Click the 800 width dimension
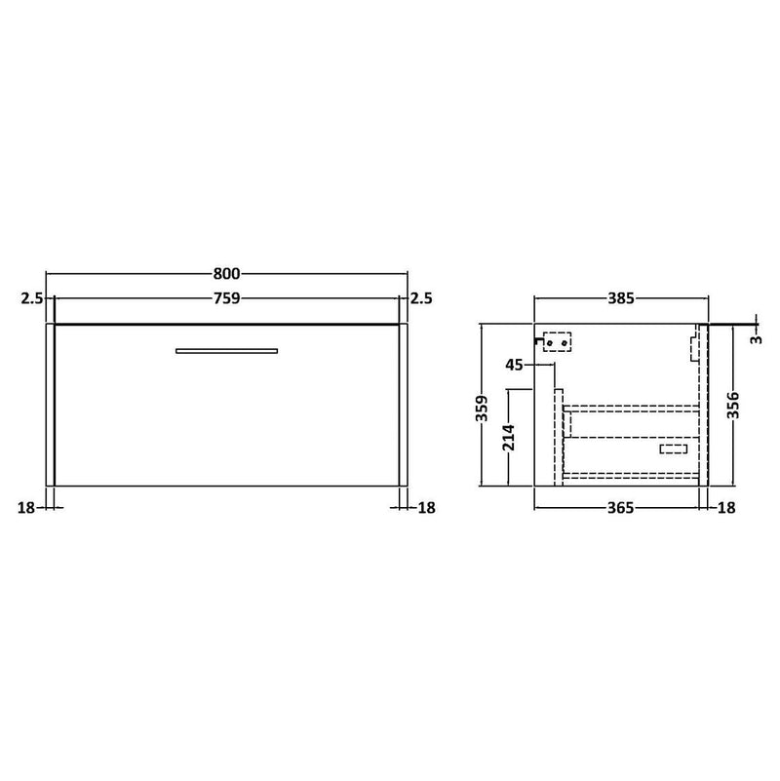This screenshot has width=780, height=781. (x=226, y=273)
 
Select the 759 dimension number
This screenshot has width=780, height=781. (x=226, y=298)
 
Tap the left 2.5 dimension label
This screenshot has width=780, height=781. (x=32, y=298)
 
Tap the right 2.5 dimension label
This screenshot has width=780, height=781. (x=421, y=298)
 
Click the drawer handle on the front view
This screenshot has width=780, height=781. (x=226, y=351)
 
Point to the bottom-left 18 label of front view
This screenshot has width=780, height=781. (x=26, y=508)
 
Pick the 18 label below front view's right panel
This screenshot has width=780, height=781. (x=426, y=508)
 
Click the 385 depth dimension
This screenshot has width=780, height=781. (x=621, y=298)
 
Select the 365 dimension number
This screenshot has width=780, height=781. (x=621, y=508)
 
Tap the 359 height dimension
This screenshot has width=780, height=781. (x=482, y=409)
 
